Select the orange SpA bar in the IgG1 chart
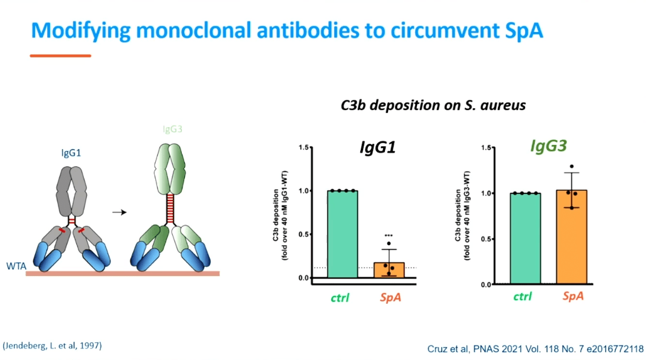click(x=389, y=270)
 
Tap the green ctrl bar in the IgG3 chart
click(x=525, y=238)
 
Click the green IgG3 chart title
click(x=547, y=146)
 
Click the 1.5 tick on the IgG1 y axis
click(x=305, y=147)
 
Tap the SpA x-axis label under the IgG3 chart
click(x=573, y=297)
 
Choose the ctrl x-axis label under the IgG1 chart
click(x=341, y=297)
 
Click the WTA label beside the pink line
click(x=16, y=266)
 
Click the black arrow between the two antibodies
click(x=120, y=213)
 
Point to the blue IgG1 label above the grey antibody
click(x=71, y=154)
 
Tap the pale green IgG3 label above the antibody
click(x=172, y=129)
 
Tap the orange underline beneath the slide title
click(x=60, y=56)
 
